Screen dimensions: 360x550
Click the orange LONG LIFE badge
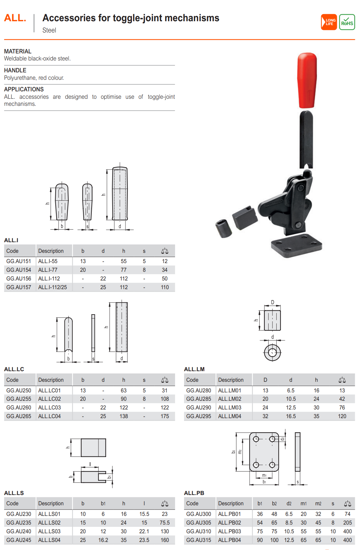328,22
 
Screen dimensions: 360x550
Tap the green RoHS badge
347,22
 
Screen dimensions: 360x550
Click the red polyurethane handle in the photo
307,80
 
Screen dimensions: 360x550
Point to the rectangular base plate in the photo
296,245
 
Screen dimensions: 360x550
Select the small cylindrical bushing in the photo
224,228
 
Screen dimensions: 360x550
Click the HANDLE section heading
15,70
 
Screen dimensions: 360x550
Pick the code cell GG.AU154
19,270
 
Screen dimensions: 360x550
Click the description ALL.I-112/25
52,287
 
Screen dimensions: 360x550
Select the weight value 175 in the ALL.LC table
165,416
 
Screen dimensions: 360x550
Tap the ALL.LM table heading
194,369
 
